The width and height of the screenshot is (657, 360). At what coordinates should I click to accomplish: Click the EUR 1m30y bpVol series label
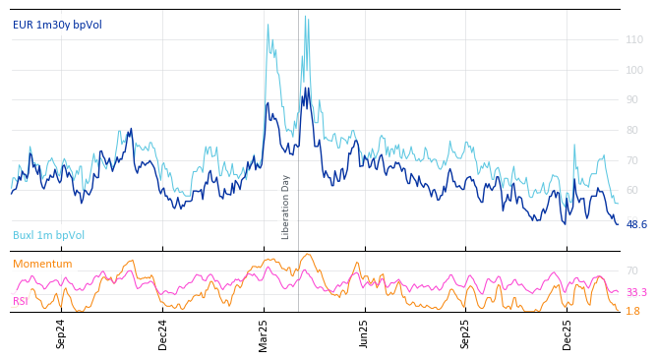[x=57, y=25]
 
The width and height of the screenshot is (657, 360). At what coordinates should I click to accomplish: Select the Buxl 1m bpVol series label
[x=48, y=235]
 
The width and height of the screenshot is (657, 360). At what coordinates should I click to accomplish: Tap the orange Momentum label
[x=42, y=264]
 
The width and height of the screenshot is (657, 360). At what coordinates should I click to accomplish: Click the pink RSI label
[x=21, y=301]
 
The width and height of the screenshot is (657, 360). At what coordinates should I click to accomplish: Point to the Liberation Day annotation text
[x=286, y=207]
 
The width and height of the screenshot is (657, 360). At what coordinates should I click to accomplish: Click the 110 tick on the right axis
[x=634, y=40]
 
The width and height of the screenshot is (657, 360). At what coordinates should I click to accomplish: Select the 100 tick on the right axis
[x=634, y=70]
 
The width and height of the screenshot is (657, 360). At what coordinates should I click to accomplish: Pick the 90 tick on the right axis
[x=632, y=100]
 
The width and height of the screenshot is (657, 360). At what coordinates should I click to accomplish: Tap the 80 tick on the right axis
[x=632, y=130]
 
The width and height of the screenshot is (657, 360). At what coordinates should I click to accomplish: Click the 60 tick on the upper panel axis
[x=632, y=191]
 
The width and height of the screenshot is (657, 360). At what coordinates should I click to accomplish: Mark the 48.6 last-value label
[x=636, y=224]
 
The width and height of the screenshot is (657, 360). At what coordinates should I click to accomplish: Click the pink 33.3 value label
[x=636, y=293]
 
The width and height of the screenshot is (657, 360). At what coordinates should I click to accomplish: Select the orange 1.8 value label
[x=633, y=311]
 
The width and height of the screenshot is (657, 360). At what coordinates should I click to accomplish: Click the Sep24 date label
[x=61, y=333]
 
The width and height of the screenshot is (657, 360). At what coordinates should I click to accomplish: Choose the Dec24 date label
[x=163, y=333]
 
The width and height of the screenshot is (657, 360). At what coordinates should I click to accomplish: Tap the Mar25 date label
[x=264, y=333]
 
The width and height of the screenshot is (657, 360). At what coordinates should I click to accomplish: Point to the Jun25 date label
[x=365, y=333]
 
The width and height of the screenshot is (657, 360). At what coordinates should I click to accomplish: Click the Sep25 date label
[x=465, y=333]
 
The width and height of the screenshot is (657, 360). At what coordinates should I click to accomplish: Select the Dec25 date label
[x=567, y=333]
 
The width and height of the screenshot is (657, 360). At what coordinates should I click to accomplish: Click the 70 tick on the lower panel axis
[x=632, y=270]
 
